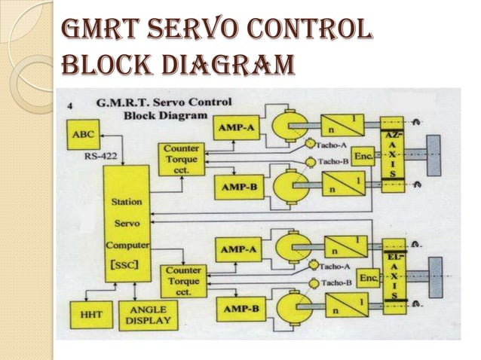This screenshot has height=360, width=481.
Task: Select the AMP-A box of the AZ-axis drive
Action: click(x=236, y=128)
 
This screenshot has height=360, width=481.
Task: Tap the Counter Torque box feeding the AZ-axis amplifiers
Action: click(x=179, y=160)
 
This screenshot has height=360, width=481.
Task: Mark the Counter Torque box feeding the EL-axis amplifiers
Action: click(x=183, y=279)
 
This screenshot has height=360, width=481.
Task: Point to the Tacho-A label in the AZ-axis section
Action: click(x=332, y=145)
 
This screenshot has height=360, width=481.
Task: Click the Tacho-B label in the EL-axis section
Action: click(x=337, y=283)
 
